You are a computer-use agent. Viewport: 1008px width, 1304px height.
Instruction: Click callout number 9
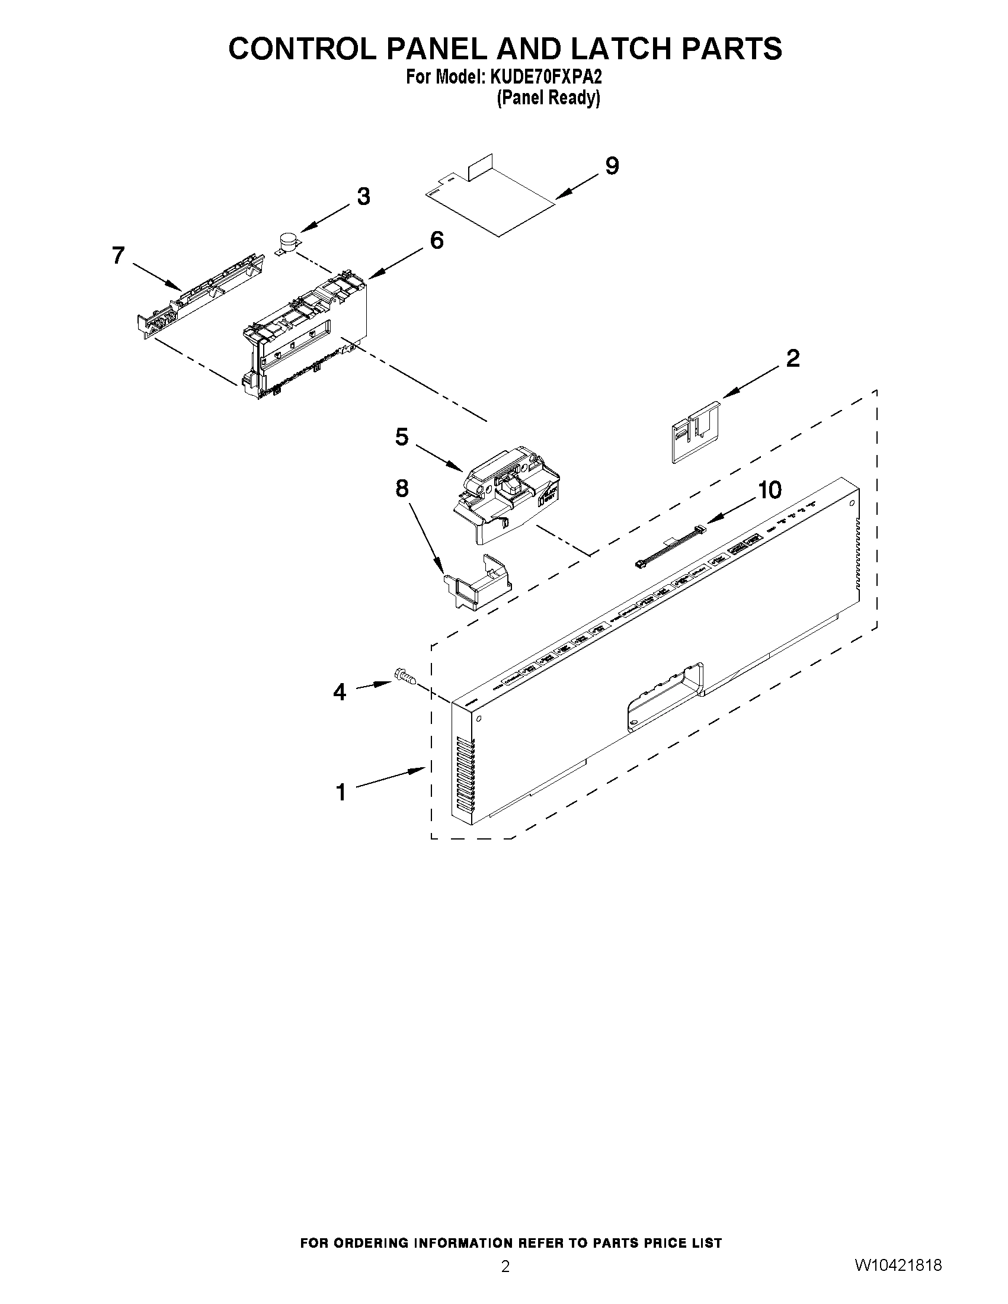(612, 166)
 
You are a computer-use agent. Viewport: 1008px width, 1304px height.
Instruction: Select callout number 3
(363, 197)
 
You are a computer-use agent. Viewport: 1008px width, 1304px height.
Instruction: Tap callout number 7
(119, 255)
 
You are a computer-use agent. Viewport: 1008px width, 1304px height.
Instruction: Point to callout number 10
(769, 490)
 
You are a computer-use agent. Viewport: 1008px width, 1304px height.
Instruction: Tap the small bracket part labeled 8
(478, 582)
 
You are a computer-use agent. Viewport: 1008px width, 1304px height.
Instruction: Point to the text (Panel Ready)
(548, 98)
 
